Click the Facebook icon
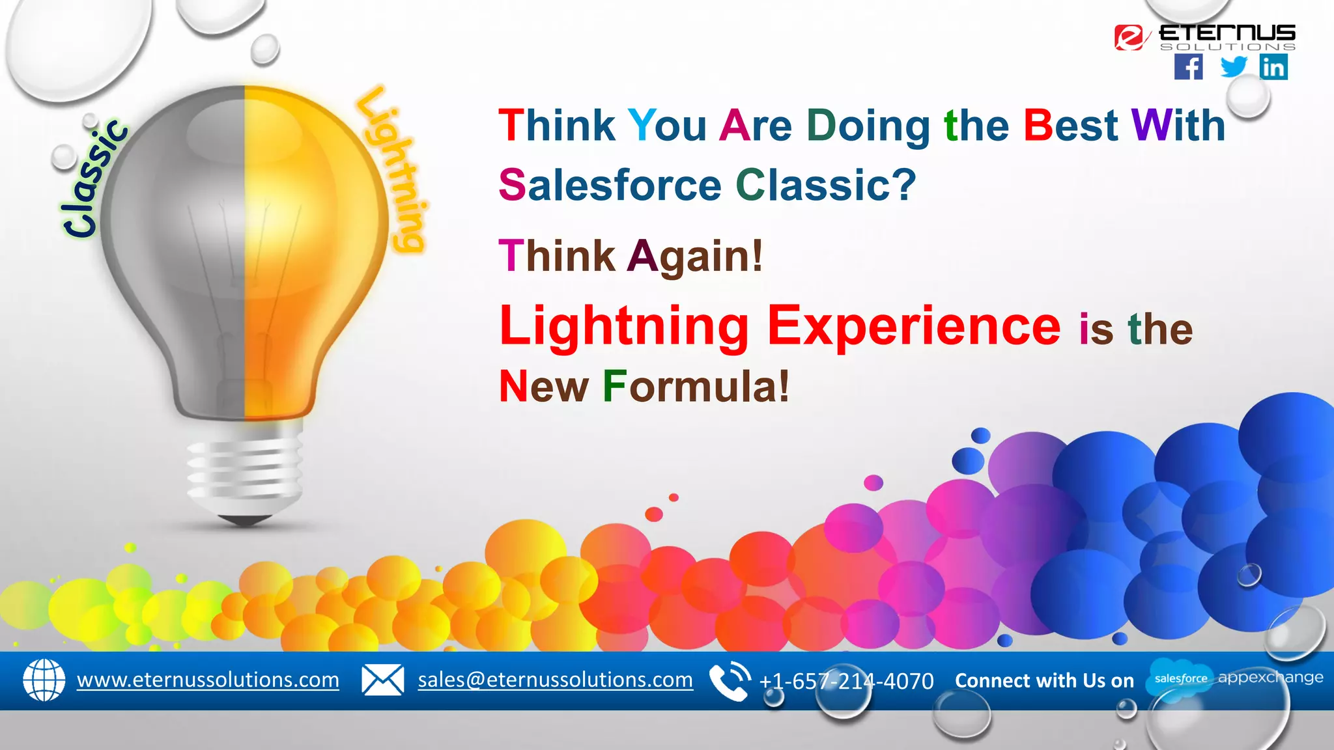click(1189, 67)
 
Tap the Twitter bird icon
click(1233, 66)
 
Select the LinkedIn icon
click(1273, 67)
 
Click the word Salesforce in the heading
click(610, 185)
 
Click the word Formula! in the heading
click(696, 387)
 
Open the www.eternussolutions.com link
click(208, 680)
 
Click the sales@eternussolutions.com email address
click(555, 680)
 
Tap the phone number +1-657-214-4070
click(846, 681)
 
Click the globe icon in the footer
click(44, 680)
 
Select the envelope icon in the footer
click(382, 680)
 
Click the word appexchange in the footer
click(1270, 678)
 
